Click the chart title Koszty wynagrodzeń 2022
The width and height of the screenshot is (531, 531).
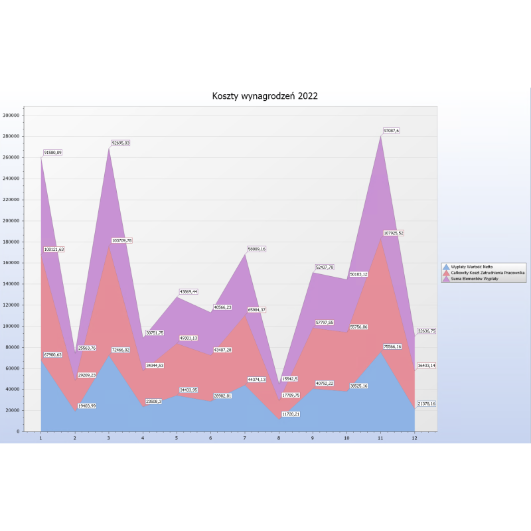265,96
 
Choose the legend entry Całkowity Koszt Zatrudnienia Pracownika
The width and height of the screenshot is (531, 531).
487,272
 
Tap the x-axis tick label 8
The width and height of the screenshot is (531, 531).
277,438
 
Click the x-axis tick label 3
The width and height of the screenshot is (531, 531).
109,438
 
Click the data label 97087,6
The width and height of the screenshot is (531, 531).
391,131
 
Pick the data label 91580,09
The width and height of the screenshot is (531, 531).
53,153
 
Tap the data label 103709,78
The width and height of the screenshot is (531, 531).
121,240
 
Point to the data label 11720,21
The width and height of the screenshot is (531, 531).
290,414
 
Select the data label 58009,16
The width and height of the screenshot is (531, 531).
256,249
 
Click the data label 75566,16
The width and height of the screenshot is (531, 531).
392,346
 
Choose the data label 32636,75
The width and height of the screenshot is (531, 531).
425,331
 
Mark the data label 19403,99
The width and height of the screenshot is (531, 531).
87,406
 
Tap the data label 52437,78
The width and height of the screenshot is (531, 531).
324,267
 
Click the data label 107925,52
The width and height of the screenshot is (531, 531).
393,233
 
